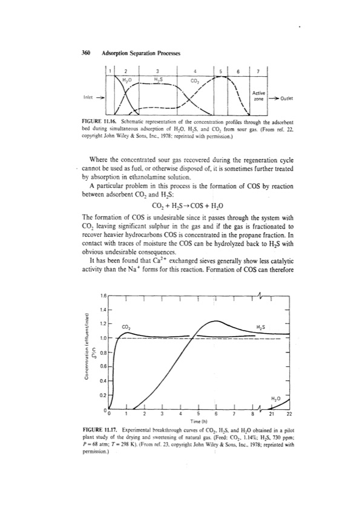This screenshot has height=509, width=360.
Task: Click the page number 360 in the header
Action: coord(85,53)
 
